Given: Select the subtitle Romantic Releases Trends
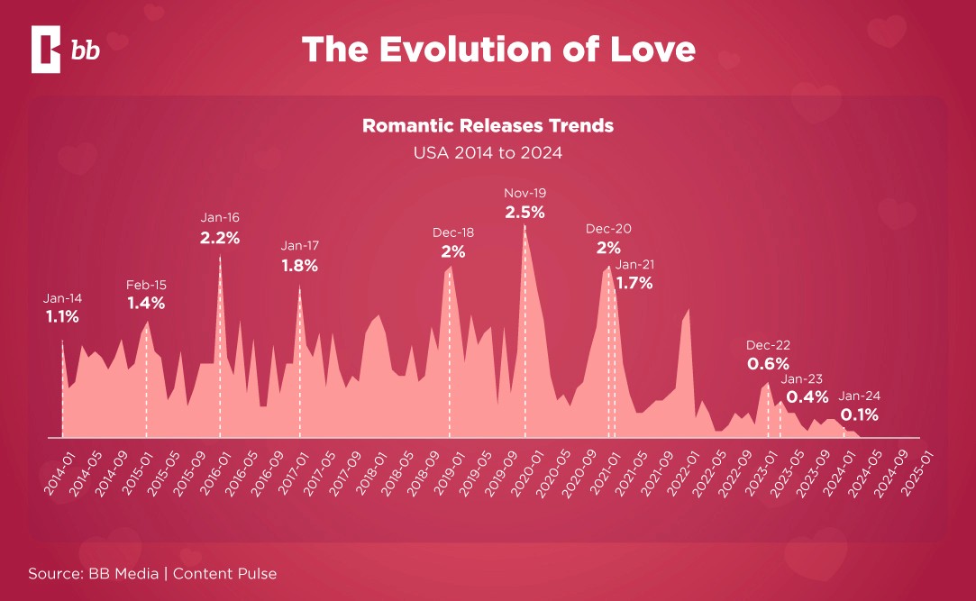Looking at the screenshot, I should click(488, 125).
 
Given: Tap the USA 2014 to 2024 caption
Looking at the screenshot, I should click(488, 152).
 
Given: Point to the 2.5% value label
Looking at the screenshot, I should click(524, 213).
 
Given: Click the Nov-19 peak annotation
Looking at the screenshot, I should click(525, 193).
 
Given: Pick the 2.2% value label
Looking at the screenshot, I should click(220, 239).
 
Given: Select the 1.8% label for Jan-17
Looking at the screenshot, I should click(299, 266).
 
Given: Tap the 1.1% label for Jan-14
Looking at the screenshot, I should click(62, 317).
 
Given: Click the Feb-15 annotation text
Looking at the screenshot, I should click(146, 285).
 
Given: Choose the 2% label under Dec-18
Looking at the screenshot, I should click(453, 251).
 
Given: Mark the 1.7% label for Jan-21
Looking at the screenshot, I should click(634, 283).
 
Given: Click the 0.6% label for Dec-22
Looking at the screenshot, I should click(768, 364).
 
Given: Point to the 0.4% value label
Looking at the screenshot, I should click(807, 397).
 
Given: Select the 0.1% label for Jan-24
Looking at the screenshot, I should click(860, 415).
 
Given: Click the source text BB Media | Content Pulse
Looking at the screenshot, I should click(151, 573).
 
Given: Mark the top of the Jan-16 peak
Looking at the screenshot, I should click(220, 256).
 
